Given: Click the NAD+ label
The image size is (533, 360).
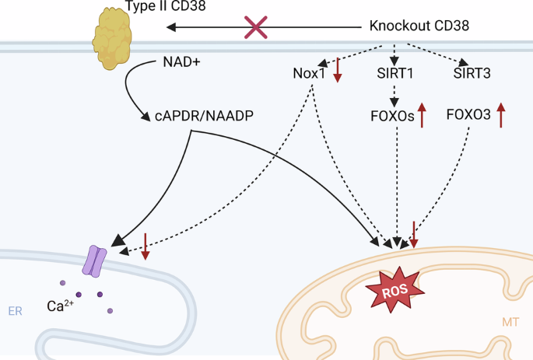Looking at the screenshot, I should tap(181, 61).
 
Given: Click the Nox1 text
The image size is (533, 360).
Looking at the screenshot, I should tap(309, 74).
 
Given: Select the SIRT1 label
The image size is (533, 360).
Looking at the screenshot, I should tap(396, 74).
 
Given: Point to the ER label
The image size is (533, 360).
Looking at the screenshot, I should tap(15, 311).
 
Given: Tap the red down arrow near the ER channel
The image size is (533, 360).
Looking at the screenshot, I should tap(145, 246).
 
